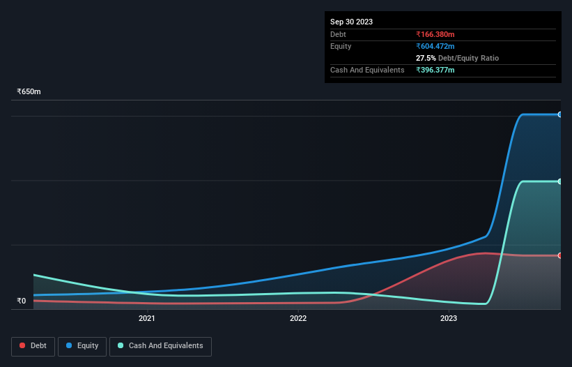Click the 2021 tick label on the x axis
[x=147, y=319]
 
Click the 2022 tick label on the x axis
[x=298, y=319]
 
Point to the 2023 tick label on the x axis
[x=449, y=319]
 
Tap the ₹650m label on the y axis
[x=29, y=92]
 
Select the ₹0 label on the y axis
[x=21, y=301]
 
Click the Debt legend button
[x=33, y=345]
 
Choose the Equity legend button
[x=82, y=345]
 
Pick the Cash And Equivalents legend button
[x=160, y=345]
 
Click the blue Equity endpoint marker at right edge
[x=559, y=114]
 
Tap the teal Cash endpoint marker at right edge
[x=559, y=181]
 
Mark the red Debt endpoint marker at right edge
[x=559, y=255]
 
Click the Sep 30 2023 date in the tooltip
[x=351, y=22]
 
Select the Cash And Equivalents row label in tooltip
[x=367, y=70]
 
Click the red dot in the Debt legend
[x=23, y=345]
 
